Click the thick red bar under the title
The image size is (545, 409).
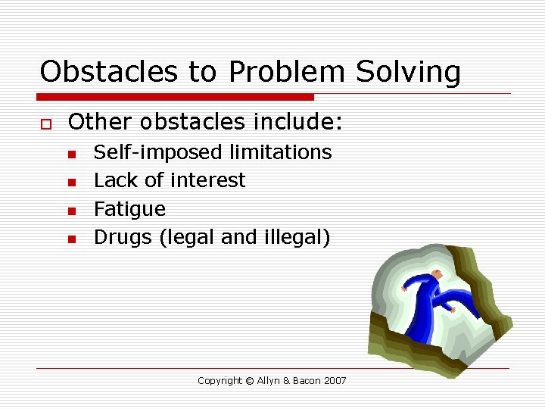click(x=176, y=97)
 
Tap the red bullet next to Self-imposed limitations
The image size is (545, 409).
click(x=71, y=154)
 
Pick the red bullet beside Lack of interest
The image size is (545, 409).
click(x=71, y=182)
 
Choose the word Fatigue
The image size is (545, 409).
click(x=129, y=209)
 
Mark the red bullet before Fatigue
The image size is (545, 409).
click(x=71, y=211)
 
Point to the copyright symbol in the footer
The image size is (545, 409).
click(x=249, y=381)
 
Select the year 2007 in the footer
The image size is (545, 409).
click(x=334, y=381)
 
